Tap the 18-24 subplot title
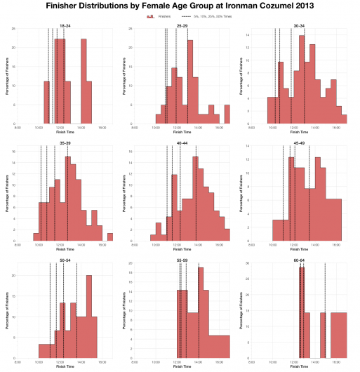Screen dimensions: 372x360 pyautogui.click(x=65, y=25)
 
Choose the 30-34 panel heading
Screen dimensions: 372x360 pyautogui.click(x=299, y=25)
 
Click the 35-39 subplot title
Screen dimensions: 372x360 pyautogui.click(x=65, y=142)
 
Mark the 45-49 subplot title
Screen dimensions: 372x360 pyautogui.click(x=299, y=142)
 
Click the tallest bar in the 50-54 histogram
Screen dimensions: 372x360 pyautogui.click(x=89, y=316)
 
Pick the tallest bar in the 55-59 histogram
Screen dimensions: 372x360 pyautogui.click(x=201, y=312)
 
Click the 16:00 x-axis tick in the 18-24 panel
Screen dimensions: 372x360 pyautogui.click(x=102, y=127)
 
